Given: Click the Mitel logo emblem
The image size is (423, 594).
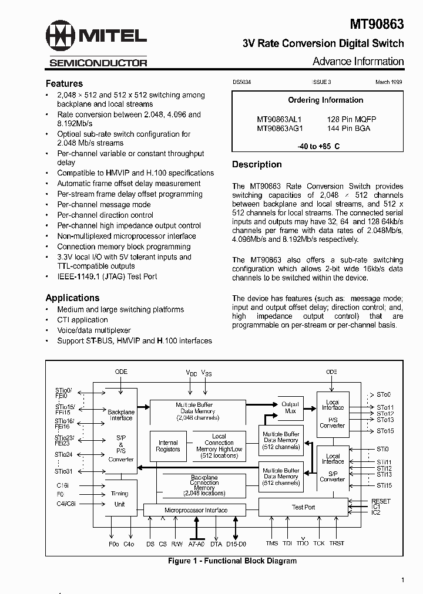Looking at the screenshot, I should click(x=61, y=37).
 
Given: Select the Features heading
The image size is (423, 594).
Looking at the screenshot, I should click(x=64, y=83).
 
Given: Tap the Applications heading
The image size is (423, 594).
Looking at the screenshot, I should click(x=72, y=298).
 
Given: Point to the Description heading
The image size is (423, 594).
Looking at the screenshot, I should click(x=257, y=164).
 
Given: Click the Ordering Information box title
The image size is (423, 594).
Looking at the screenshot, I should click(x=325, y=100).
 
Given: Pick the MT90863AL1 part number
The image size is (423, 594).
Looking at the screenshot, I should click(x=279, y=119).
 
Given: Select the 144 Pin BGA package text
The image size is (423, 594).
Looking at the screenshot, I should click(x=348, y=128).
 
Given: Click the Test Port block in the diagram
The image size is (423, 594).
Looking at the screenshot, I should click(x=303, y=507).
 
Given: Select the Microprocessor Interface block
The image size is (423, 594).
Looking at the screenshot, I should click(x=196, y=510).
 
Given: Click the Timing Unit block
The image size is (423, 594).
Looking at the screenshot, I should click(x=119, y=499).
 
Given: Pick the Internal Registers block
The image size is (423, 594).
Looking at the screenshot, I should click(x=168, y=446).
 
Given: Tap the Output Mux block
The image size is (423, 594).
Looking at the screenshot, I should click(x=290, y=407).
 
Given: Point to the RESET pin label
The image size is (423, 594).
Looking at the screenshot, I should click(x=381, y=501).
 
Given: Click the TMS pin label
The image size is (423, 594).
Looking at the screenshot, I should click(x=271, y=544).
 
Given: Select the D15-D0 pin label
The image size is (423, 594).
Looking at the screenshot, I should click(x=236, y=544).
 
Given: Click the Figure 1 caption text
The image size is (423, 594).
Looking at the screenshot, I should click(x=232, y=561).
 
